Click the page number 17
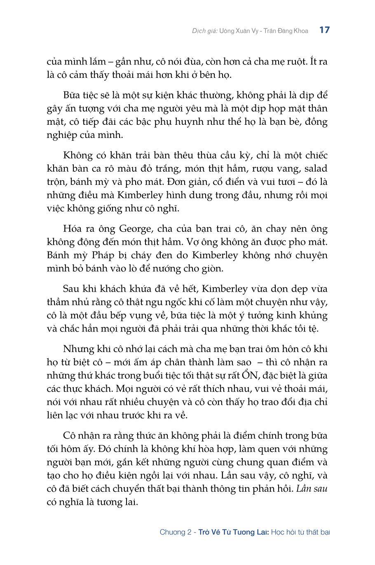324,30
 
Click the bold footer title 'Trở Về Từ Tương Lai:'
234,532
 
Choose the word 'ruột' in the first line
292,62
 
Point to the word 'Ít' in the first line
313,62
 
